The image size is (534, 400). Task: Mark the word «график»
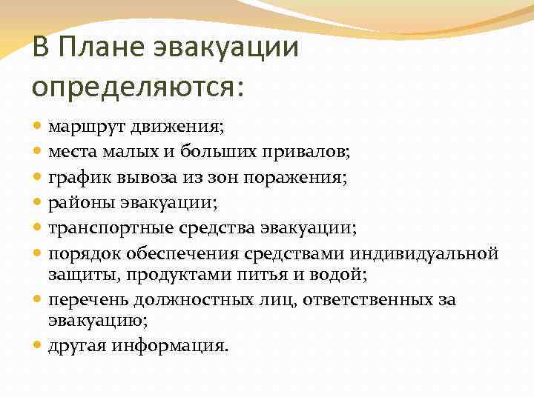coord(76,177)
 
